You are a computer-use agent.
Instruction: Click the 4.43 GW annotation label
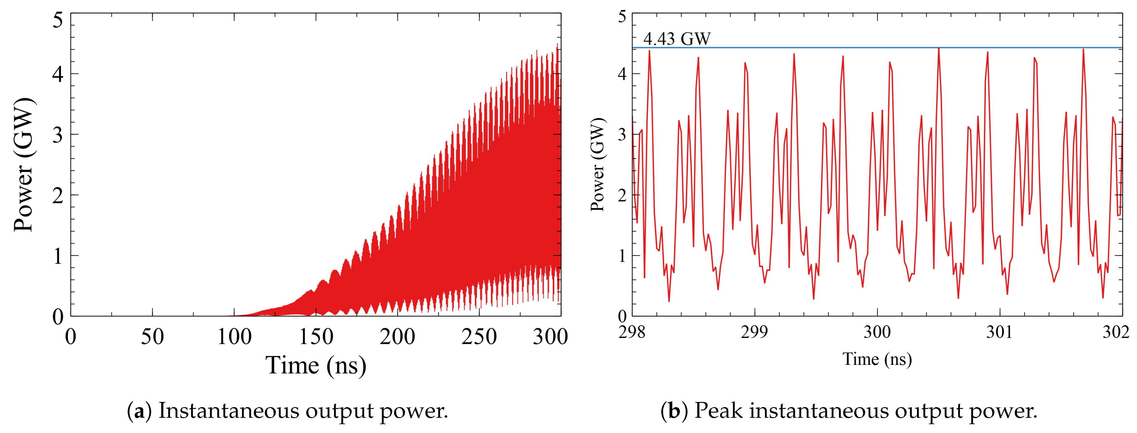pyautogui.click(x=676, y=39)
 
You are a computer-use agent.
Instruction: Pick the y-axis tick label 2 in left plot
pyautogui.click(x=58, y=195)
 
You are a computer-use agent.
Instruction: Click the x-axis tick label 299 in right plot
pyautogui.click(x=754, y=332)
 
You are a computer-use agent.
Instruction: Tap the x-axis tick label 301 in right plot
pyautogui.click(x=999, y=332)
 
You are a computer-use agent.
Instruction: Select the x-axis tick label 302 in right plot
pyautogui.click(x=1116, y=332)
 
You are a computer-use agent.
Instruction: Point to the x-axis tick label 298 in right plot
pyautogui.click(x=632, y=332)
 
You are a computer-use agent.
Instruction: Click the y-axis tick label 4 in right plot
pyautogui.click(x=622, y=74)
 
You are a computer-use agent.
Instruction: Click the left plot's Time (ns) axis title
pyautogui.click(x=316, y=365)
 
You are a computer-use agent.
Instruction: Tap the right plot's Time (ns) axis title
pyautogui.click(x=877, y=359)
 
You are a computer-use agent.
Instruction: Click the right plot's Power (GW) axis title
pyautogui.click(x=598, y=164)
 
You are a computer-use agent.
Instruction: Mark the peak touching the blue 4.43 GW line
pyautogui.click(x=938, y=48)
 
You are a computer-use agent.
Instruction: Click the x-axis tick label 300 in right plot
pyautogui.click(x=877, y=332)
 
